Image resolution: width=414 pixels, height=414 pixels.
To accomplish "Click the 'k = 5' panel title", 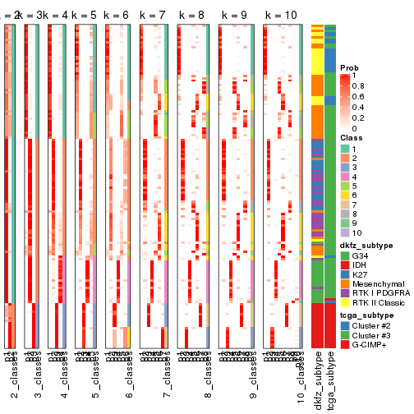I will coord(85,15).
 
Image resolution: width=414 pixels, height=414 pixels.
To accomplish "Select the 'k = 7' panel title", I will coord(154,15).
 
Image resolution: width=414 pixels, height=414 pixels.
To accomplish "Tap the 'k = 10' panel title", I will coord(280,15).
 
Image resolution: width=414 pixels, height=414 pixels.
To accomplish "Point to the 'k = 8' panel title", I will coord(191,15).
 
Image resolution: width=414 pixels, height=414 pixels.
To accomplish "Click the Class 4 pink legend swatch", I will coord(346,177).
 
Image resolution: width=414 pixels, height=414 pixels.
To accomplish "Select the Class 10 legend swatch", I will coord(346,233).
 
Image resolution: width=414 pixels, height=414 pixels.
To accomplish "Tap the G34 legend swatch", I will coord(346,256).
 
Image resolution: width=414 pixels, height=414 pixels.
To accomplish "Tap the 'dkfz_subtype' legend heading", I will coord(366,246).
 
